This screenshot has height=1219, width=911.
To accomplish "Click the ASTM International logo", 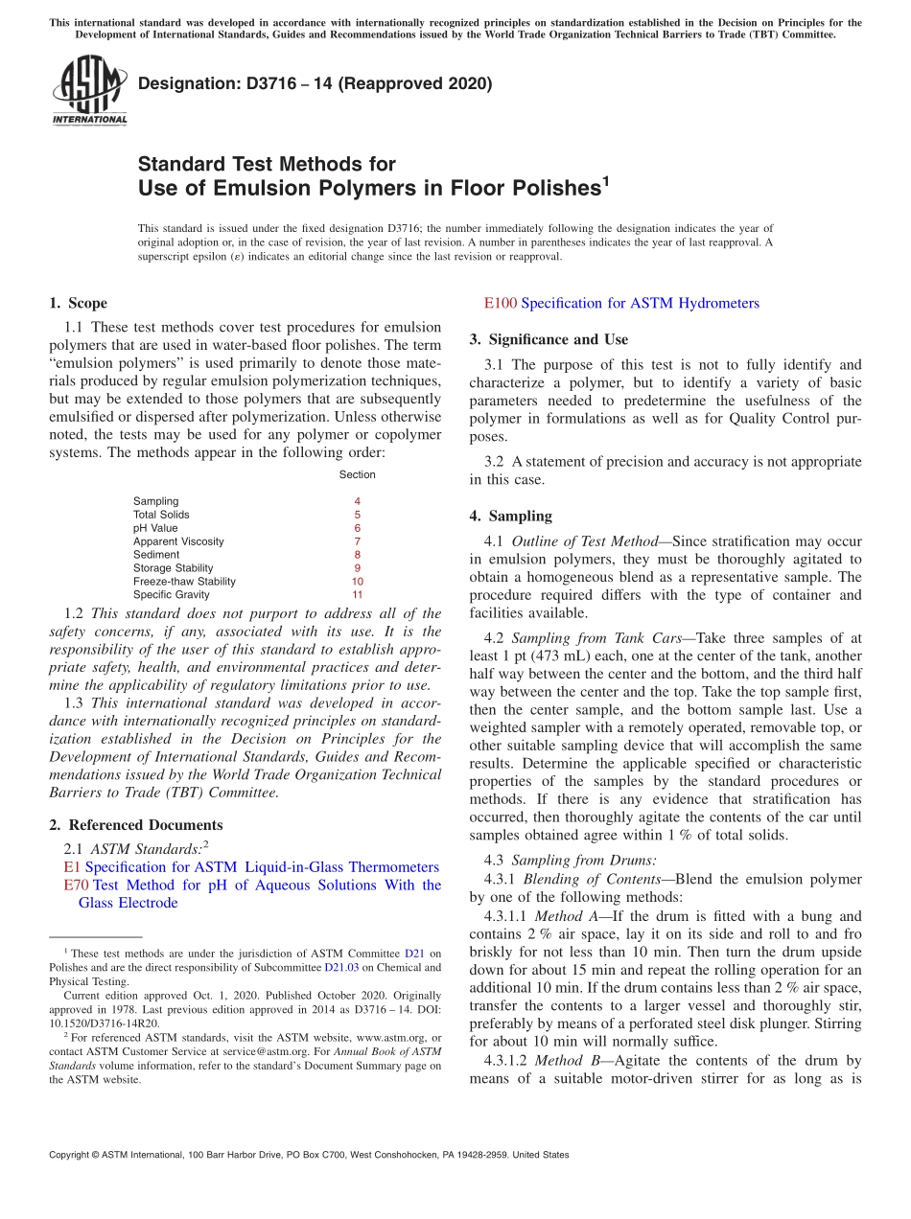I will (x=89, y=91).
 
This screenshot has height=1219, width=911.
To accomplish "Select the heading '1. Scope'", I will (x=79, y=304).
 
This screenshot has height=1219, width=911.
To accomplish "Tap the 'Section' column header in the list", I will (x=357, y=474).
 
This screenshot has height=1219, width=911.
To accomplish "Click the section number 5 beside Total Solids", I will (x=357, y=515).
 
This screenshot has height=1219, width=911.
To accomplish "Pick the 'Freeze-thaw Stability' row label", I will (x=184, y=582).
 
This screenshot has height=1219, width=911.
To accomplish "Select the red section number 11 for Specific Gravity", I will (x=357, y=595).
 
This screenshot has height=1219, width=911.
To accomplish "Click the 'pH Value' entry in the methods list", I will (x=155, y=528).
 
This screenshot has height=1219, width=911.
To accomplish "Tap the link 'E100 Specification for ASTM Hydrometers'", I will (x=621, y=304).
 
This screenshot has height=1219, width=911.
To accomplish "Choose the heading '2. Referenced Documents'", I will (x=136, y=825).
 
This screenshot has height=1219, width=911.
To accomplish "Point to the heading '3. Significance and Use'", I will (x=549, y=339).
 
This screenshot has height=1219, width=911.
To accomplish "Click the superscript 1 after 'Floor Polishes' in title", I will (x=605, y=179).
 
